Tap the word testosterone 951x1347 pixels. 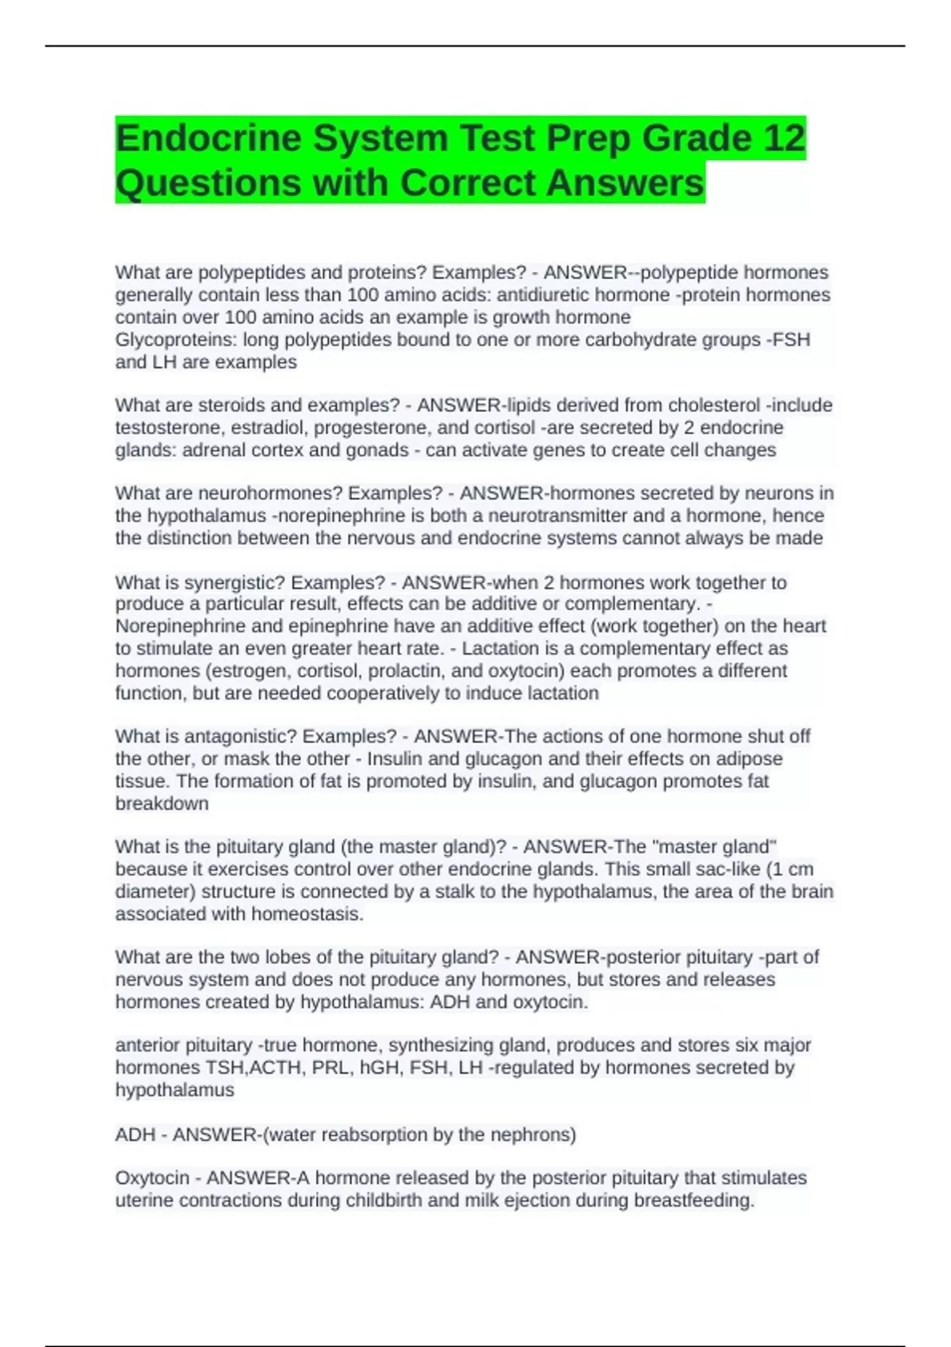163,428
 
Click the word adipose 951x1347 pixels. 750,758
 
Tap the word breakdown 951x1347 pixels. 162,803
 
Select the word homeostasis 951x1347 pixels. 307,914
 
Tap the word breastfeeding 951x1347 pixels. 693,1200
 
